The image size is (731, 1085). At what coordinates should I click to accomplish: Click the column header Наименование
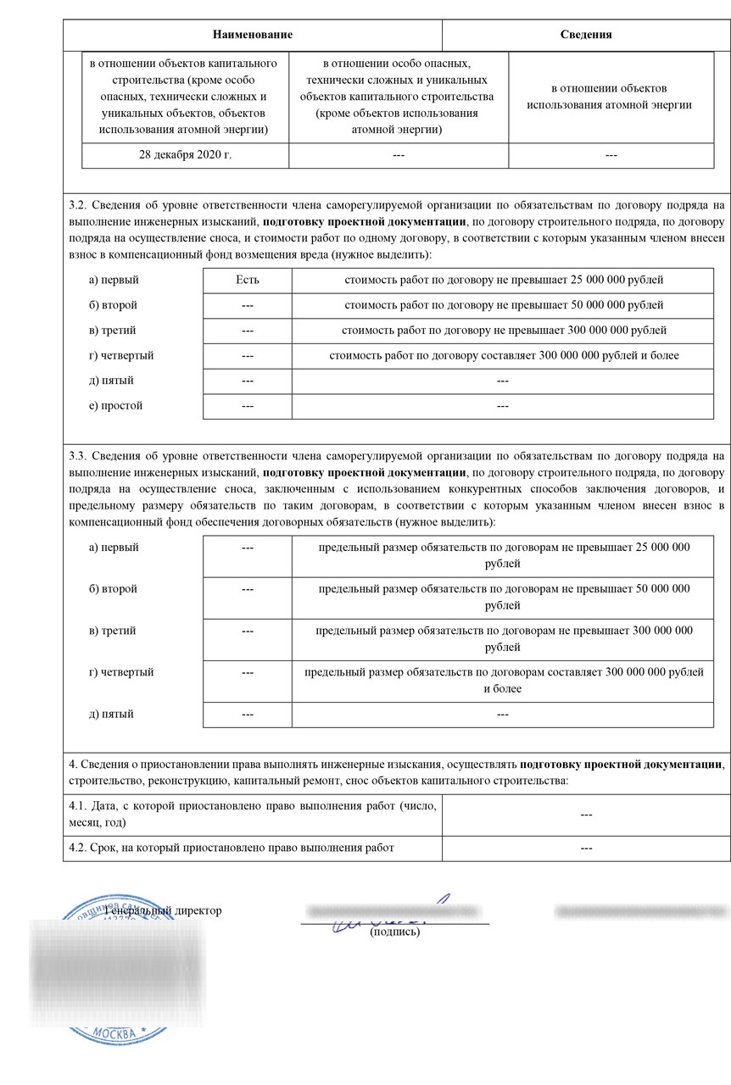(x=253, y=35)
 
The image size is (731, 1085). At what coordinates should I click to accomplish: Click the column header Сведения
(x=586, y=35)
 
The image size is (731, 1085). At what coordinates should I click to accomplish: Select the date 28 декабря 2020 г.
(x=185, y=156)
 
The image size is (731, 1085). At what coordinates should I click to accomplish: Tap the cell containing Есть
(x=248, y=280)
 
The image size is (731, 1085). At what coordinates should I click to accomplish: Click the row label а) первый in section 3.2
(x=114, y=280)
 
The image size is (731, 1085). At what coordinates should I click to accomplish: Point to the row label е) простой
(x=116, y=405)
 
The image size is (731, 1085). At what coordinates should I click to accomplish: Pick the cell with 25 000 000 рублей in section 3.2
(x=504, y=280)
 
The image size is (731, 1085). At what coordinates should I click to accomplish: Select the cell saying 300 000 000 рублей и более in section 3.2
(x=504, y=355)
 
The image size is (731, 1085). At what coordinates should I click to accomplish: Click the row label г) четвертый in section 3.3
(x=121, y=672)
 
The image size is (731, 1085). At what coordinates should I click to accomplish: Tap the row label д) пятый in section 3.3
(x=111, y=714)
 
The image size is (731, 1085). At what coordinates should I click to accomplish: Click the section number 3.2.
(x=76, y=204)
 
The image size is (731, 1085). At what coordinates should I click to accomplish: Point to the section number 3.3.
(x=76, y=456)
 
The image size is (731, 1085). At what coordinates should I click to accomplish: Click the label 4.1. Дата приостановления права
(x=253, y=814)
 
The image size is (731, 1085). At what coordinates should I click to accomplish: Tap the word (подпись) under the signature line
(x=395, y=932)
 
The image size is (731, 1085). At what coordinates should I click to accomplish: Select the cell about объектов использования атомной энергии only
(x=610, y=97)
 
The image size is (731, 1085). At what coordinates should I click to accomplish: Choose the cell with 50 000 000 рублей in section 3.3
(x=504, y=597)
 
